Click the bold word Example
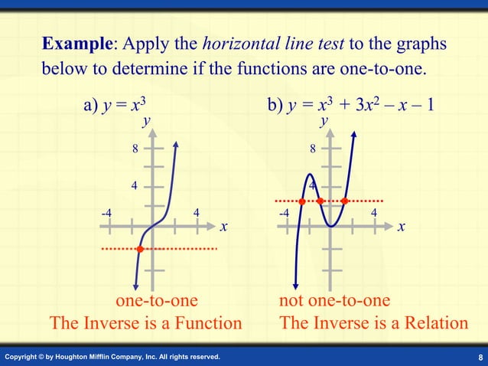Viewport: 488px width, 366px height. [77, 44]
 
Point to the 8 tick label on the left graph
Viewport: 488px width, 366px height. [135, 149]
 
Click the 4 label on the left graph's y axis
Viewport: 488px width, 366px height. [135, 185]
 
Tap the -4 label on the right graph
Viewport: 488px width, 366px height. [284, 212]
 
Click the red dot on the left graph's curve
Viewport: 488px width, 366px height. [140, 249]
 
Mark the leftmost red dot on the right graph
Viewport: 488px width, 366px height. [302, 201]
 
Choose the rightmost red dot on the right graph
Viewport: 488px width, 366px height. [344, 201]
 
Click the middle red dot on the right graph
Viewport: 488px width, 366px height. [320, 201]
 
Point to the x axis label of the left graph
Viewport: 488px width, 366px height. [223, 227]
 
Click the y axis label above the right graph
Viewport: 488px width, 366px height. [325, 121]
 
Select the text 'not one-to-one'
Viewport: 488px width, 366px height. [335, 299]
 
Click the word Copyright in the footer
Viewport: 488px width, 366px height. [23, 358]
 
